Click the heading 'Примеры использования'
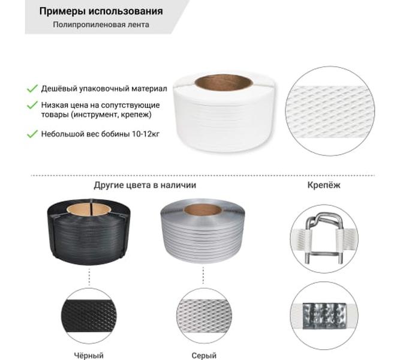pos(101,11)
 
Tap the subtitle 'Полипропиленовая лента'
pos(101,25)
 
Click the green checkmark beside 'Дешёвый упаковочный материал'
pos(32,89)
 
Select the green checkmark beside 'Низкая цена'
pos(32,105)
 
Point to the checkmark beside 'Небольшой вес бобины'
pos(32,134)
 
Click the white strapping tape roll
pos(225,113)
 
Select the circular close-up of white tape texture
pos(330,111)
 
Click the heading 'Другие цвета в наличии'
pos(145,185)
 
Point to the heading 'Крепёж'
pos(324,185)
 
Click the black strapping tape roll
pos(89,232)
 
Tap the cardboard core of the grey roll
pos(203,210)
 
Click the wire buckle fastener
pos(324,239)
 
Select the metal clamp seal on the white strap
pos(324,316)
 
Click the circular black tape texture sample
pos(89,316)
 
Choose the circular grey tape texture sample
pos(203,316)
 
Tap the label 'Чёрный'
pos(89,355)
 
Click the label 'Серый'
pos(204,355)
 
